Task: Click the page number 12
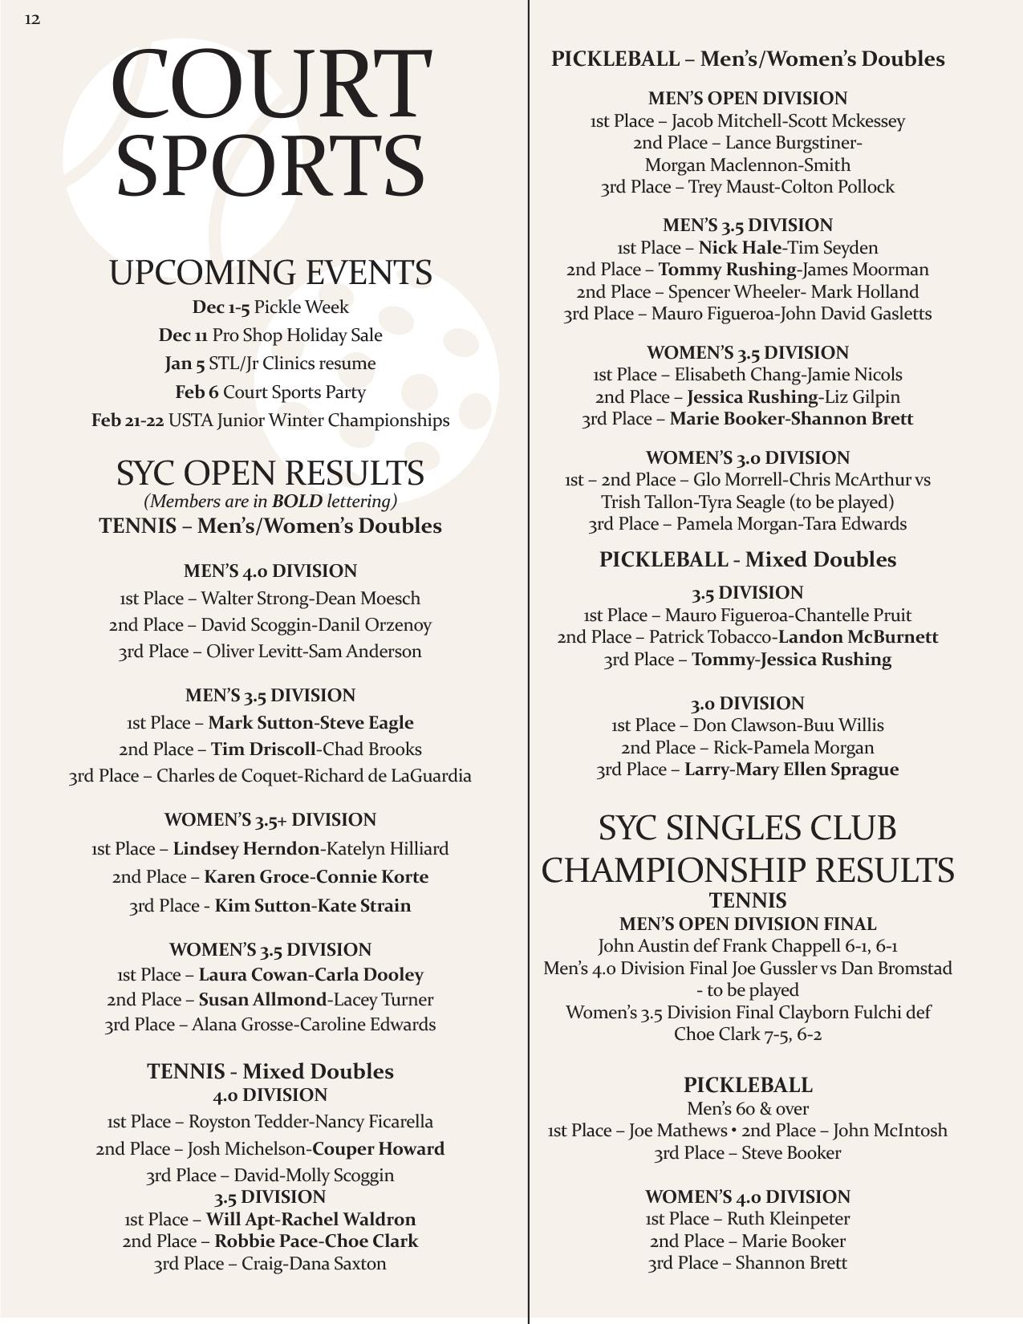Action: pyautogui.click(x=32, y=19)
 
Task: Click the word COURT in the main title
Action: pyautogui.click(x=270, y=83)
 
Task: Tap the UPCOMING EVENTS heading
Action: pyautogui.click(x=270, y=273)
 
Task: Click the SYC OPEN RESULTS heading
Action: pyautogui.click(x=270, y=473)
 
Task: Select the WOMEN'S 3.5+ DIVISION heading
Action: pyautogui.click(x=270, y=820)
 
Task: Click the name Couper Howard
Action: pyautogui.click(x=378, y=1149)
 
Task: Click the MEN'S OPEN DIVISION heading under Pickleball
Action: pyautogui.click(x=748, y=99)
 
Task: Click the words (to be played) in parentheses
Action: pyautogui.click(x=846, y=502)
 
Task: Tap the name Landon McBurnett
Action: pyautogui.click(x=858, y=637)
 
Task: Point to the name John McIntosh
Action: pyautogui.click(x=890, y=1131)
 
